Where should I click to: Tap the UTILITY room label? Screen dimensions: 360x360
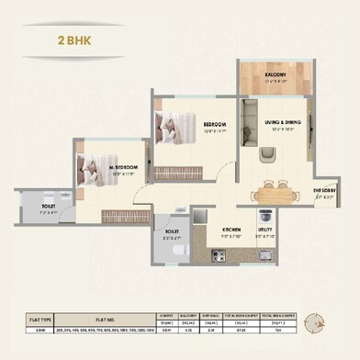pyautogui.click(x=264, y=231)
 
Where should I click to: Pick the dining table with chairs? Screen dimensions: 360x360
pyautogui.click(x=278, y=194)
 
